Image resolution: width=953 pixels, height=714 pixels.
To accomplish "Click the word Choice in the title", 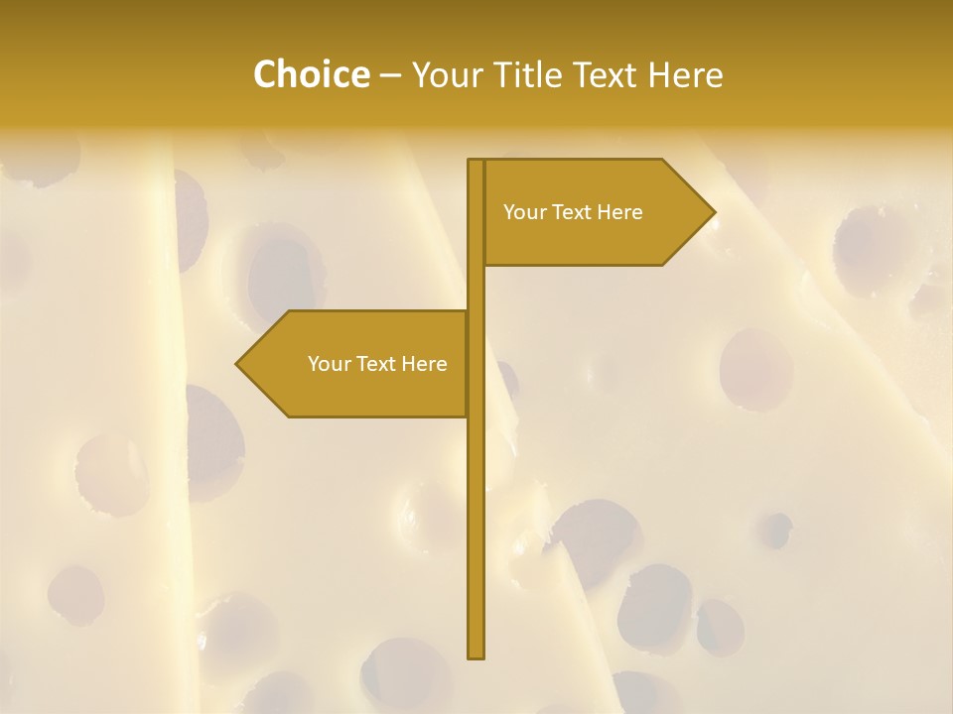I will pyautogui.click(x=311, y=75).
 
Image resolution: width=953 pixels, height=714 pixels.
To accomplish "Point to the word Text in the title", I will pyautogui.click(x=605, y=75).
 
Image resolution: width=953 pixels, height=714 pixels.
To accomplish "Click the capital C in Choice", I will pyautogui.click(x=266, y=75).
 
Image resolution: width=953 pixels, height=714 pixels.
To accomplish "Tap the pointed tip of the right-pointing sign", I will pyautogui.click(x=714, y=212).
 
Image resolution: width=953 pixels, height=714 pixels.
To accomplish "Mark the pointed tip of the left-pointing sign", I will pyautogui.click(x=237, y=364).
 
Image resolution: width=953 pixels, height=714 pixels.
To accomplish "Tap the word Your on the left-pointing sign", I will pyautogui.click(x=328, y=364).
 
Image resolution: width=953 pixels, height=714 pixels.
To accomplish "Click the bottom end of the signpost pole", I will pyautogui.click(x=476, y=655).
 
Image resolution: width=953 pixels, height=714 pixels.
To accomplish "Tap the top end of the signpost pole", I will pyautogui.click(x=476, y=162).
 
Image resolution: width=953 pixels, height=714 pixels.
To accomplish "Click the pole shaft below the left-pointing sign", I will pyautogui.click(x=476, y=535).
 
